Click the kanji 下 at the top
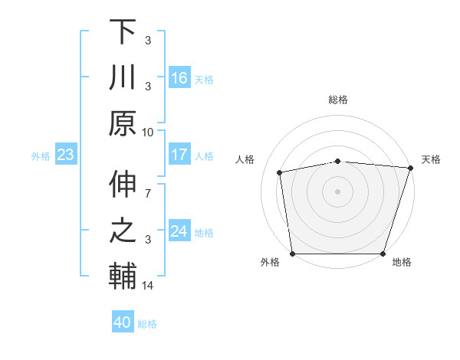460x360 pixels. [123, 32]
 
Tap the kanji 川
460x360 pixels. [123, 78]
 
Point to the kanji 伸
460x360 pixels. [123, 186]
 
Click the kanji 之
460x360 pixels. [123, 232]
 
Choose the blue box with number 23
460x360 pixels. [66, 155]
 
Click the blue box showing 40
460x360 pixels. [123, 322]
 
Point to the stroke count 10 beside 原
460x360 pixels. [148, 132]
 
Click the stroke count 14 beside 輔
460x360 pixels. [148, 286]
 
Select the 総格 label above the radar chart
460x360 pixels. [338, 100]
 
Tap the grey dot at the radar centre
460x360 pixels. [338, 191]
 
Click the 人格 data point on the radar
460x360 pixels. [280, 172]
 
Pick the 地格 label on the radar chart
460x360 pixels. [401, 263]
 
